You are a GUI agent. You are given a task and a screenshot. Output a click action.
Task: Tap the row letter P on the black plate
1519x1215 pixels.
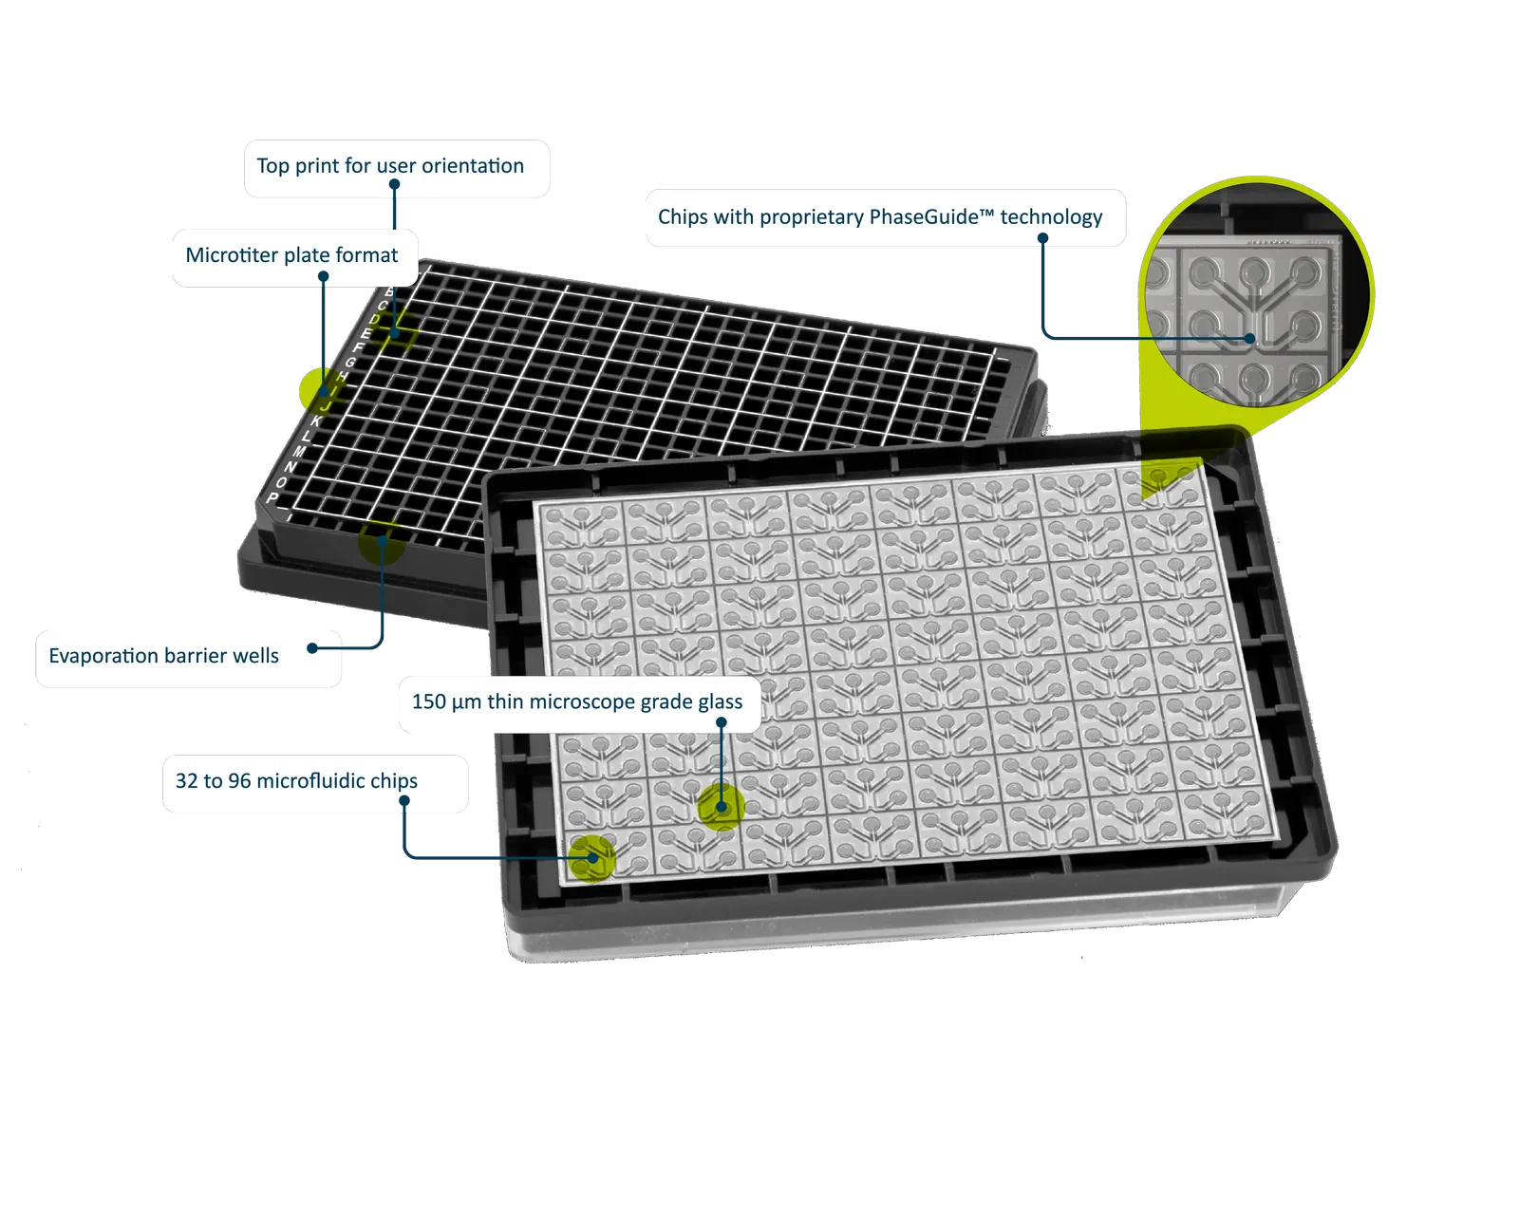272,497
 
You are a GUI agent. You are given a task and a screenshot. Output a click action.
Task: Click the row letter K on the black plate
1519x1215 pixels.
316,421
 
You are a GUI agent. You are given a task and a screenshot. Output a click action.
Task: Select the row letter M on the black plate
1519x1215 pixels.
299,451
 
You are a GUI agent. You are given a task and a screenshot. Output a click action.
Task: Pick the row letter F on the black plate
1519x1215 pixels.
359,347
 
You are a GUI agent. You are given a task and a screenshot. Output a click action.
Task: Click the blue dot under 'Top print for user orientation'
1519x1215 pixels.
395,184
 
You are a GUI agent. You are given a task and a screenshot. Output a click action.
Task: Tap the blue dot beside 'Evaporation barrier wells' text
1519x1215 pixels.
312,648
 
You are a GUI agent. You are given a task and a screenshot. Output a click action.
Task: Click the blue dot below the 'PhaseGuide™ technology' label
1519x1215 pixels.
1042,238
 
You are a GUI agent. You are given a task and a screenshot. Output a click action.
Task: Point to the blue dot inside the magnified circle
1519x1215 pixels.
1250,339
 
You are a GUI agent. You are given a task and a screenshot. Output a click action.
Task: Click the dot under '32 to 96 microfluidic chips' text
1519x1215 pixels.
404,800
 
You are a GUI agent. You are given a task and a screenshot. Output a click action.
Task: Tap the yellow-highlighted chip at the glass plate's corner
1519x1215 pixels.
592,858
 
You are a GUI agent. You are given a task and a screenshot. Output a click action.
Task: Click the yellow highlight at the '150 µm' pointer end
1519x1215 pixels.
721,806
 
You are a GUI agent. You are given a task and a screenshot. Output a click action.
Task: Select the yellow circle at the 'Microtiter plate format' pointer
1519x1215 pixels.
322,390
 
